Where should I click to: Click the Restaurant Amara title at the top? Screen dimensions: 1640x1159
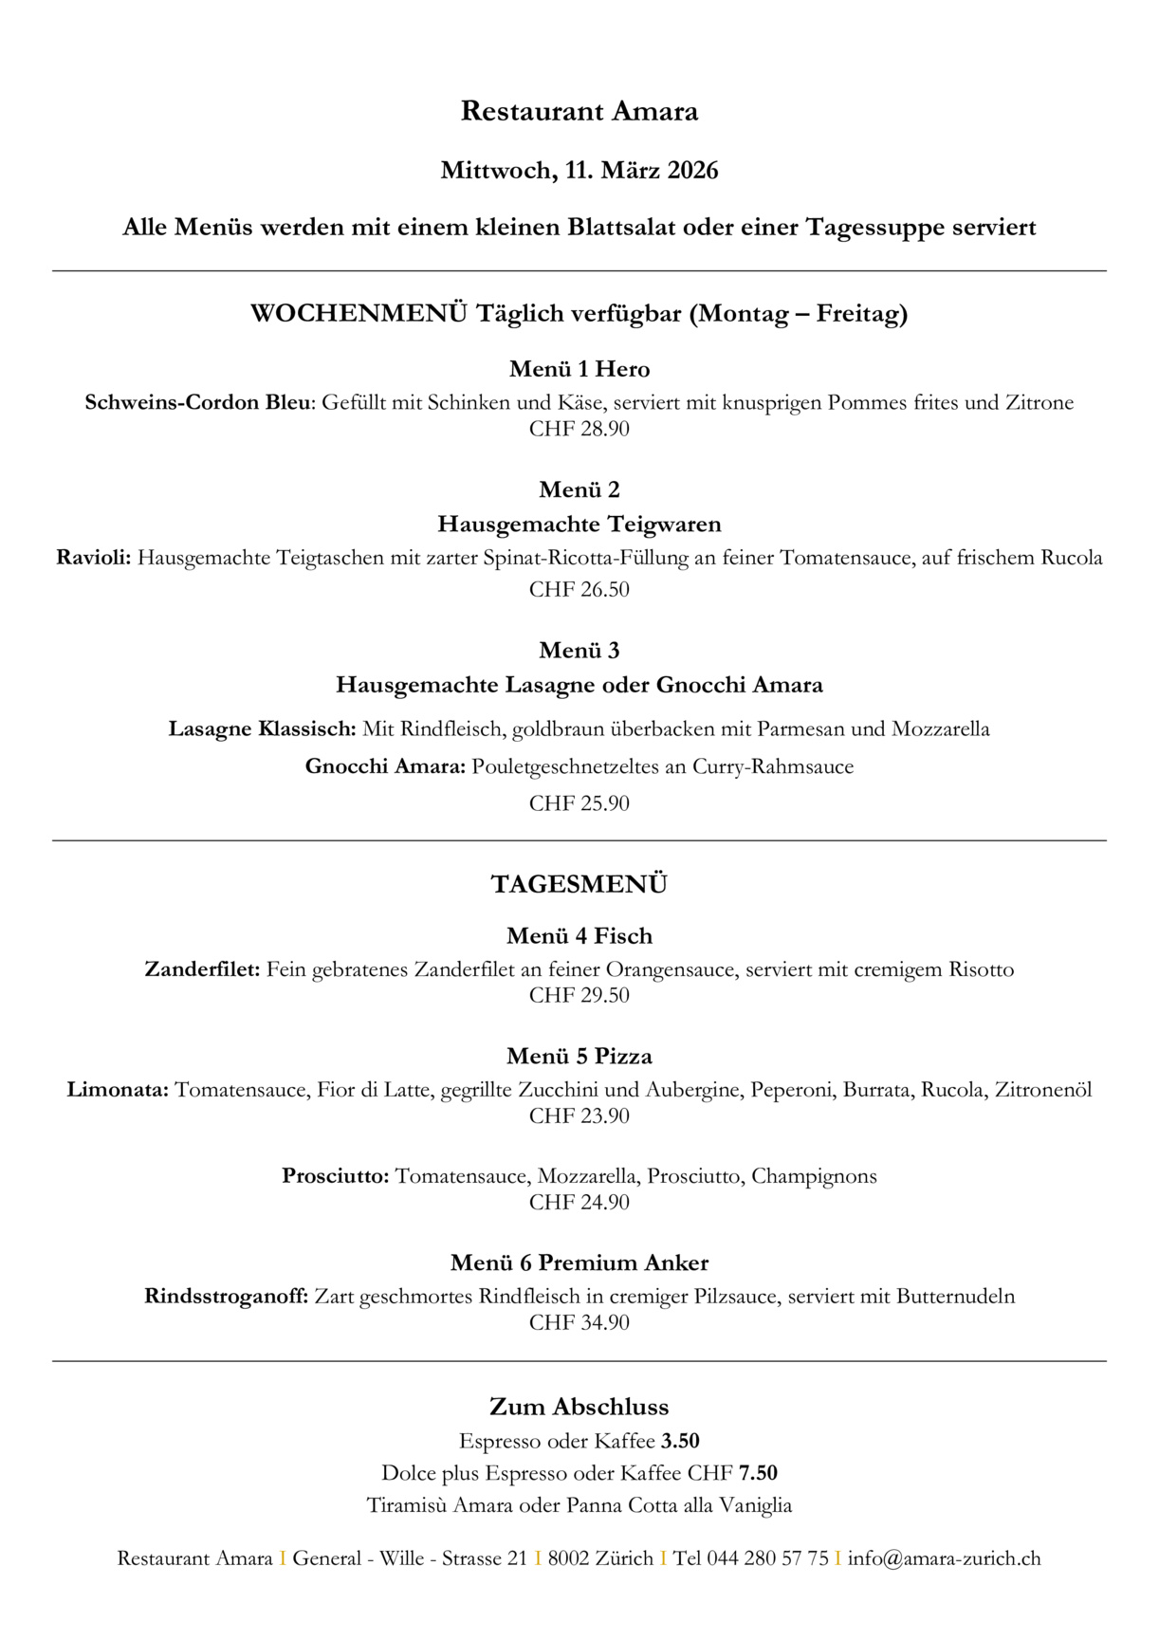point(579,112)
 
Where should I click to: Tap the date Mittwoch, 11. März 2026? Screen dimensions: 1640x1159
point(579,171)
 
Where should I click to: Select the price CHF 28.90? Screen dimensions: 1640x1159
point(579,429)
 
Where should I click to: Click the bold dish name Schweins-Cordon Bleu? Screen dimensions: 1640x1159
point(197,402)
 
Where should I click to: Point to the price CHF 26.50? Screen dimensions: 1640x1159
point(579,589)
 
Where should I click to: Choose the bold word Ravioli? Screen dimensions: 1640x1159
point(93,558)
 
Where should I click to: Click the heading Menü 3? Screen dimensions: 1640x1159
point(579,651)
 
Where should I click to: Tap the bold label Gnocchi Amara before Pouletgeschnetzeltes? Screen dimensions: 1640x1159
point(385,766)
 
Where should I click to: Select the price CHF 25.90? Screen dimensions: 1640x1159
point(579,803)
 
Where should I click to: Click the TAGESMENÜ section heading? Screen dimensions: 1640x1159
point(579,884)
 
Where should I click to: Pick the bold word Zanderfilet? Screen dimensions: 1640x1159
point(202,969)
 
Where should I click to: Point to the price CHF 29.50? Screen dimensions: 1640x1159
point(579,995)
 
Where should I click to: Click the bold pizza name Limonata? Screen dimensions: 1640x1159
point(118,1090)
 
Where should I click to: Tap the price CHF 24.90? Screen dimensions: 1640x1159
point(579,1202)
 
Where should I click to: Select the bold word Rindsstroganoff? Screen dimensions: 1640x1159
point(226,1297)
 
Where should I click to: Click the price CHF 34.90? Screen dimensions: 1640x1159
point(579,1322)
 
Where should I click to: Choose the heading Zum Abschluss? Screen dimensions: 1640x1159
point(579,1407)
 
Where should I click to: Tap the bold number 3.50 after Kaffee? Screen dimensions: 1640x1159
point(680,1441)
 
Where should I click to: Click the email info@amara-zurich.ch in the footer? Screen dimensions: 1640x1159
point(944,1558)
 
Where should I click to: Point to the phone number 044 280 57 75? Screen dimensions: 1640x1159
point(767,1558)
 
